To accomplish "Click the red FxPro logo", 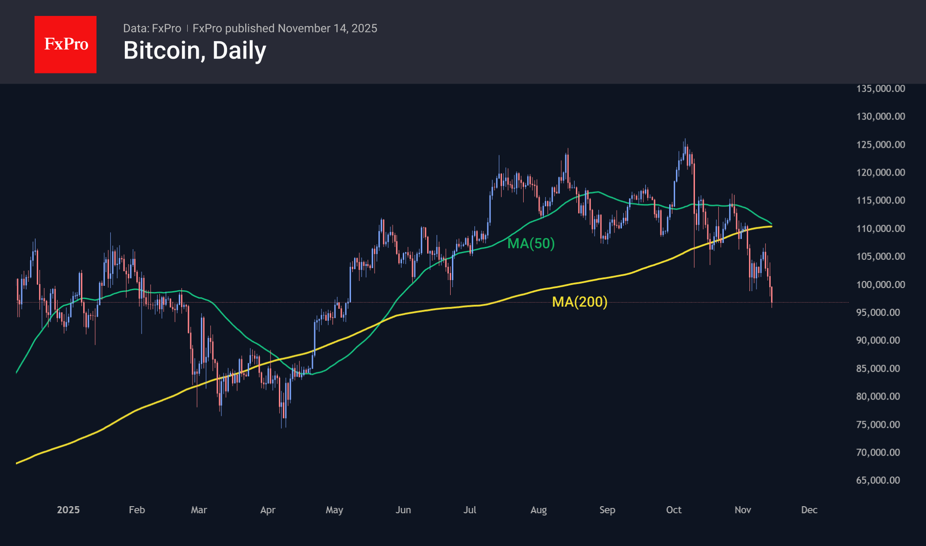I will pos(66,44).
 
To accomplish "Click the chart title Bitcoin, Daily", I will pos(195,50).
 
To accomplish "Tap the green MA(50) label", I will pos(531,243).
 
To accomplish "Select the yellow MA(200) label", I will pos(579,302).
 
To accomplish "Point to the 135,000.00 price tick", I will pos(880,88).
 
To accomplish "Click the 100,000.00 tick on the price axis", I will pos(880,285).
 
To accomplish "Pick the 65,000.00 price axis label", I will pos(878,481).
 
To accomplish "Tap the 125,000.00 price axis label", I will pos(880,145).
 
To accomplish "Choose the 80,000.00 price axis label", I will pos(878,396).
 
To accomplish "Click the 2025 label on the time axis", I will pos(68,510).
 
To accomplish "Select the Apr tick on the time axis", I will pos(268,510).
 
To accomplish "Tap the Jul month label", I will pos(470,510).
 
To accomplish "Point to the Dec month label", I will pos(809,510).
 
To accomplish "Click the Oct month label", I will pos(674,510).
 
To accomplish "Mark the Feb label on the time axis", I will pos(137,510).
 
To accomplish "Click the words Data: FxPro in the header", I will pos(152,28).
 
